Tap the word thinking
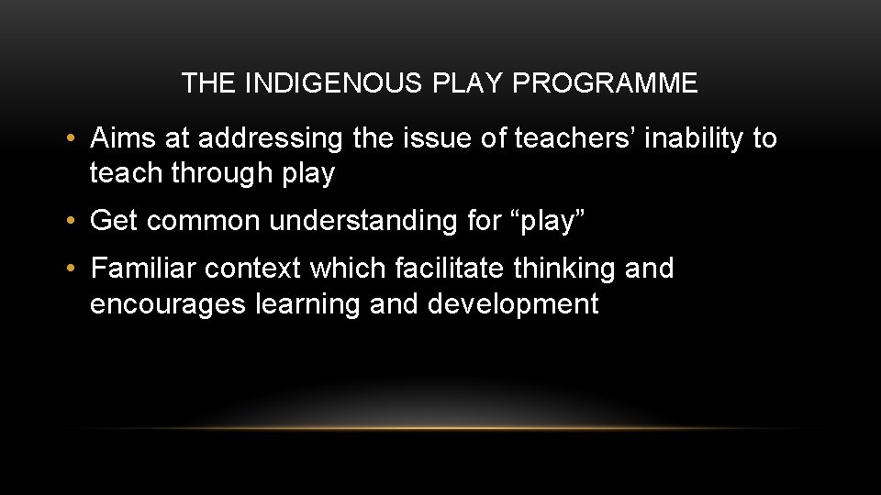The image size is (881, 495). [x=565, y=269]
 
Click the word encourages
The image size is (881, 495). [x=168, y=304]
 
